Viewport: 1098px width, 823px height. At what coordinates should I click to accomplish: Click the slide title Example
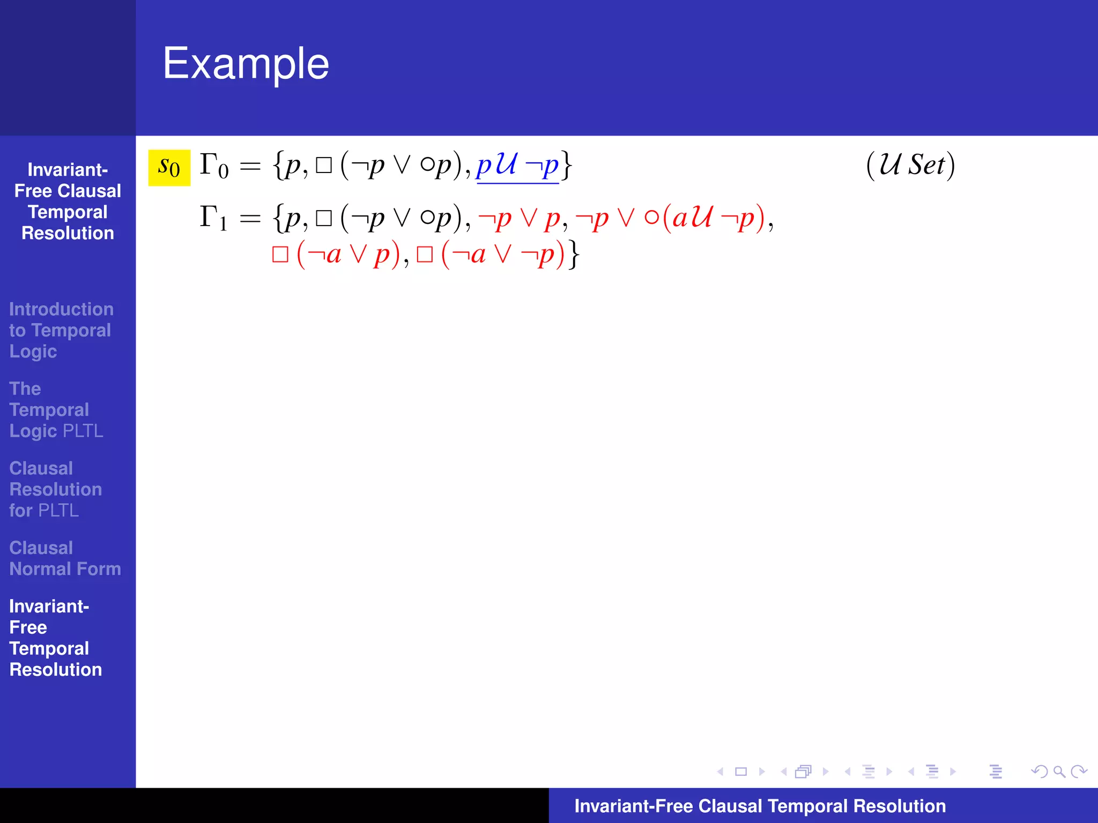tap(246, 64)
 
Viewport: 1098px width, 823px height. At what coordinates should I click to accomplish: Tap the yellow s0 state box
tap(169, 168)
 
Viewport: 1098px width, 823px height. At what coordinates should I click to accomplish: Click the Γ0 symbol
tap(214, 166)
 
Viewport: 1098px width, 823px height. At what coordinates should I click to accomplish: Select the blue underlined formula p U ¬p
tap(517, 166)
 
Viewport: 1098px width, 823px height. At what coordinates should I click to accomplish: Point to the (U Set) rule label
tap(910, 165)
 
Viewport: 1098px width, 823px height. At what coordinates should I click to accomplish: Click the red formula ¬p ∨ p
tap(519, 219)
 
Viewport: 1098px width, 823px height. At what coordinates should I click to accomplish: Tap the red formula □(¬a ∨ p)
tap(336, 254)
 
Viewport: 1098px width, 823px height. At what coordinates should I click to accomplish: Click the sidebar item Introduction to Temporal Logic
tap(61, 330)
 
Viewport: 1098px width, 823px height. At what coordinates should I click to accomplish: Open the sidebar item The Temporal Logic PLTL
tap(56, 410)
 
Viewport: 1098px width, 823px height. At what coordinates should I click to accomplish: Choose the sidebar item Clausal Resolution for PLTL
tap(55, 489)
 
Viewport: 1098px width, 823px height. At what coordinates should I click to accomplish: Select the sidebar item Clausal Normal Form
tap(65, 558)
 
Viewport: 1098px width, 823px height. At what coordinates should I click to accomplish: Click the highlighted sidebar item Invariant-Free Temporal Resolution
tap(55, 638)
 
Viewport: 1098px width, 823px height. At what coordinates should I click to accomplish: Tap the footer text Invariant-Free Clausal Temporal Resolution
tap(760, 806)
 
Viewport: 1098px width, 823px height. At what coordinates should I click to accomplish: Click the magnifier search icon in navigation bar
tap(1059, 772)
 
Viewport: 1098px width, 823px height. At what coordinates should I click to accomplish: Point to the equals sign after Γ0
tap(250, 167)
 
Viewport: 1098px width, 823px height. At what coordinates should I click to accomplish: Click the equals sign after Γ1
tap(250, 219)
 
